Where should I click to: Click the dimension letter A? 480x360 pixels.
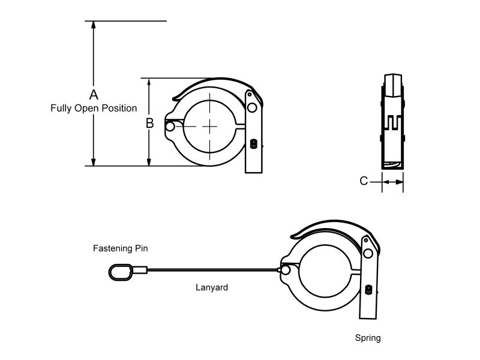coord(94,95)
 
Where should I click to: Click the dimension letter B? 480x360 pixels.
coord(150,124)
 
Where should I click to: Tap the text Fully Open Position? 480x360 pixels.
coord(94,109)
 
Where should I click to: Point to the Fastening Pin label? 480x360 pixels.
coord(120,248)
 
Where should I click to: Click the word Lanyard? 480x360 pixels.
coord(212,287)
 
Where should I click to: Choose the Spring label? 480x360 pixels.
coord(367,338)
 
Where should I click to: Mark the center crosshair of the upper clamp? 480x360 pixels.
coord(210,126)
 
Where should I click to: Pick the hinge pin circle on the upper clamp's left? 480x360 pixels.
coord(170,127)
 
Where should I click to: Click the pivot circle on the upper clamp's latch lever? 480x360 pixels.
coord(252,108)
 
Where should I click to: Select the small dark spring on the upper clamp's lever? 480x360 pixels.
coord(253,144)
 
